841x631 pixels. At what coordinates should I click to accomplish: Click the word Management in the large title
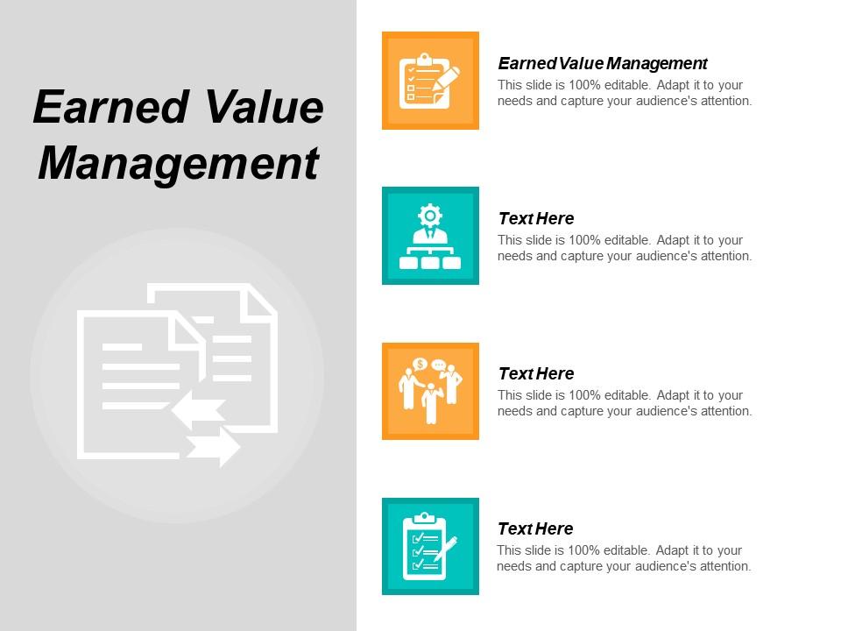point(178,163)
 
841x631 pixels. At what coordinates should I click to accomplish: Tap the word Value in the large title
point(265,108)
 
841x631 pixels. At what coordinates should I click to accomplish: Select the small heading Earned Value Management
point(603,63)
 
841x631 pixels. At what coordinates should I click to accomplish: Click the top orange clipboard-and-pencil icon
point(430,81)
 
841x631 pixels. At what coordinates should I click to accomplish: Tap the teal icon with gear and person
point(430,236)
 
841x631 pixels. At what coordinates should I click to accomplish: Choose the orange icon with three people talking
point(430,391)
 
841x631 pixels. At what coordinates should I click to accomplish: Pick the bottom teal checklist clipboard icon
point(430,546)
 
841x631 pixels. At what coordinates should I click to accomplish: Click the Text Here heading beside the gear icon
point(535,218)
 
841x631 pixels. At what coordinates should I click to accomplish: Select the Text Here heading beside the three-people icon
point(535,373)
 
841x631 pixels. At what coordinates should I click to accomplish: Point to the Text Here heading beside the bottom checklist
point(535,528)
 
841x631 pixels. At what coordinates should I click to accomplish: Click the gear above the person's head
point(429,215)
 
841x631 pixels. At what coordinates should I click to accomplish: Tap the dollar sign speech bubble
point(420,365)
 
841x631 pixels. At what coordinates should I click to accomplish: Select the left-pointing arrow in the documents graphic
point(198,409)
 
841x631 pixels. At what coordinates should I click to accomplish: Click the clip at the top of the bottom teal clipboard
point(424,517)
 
